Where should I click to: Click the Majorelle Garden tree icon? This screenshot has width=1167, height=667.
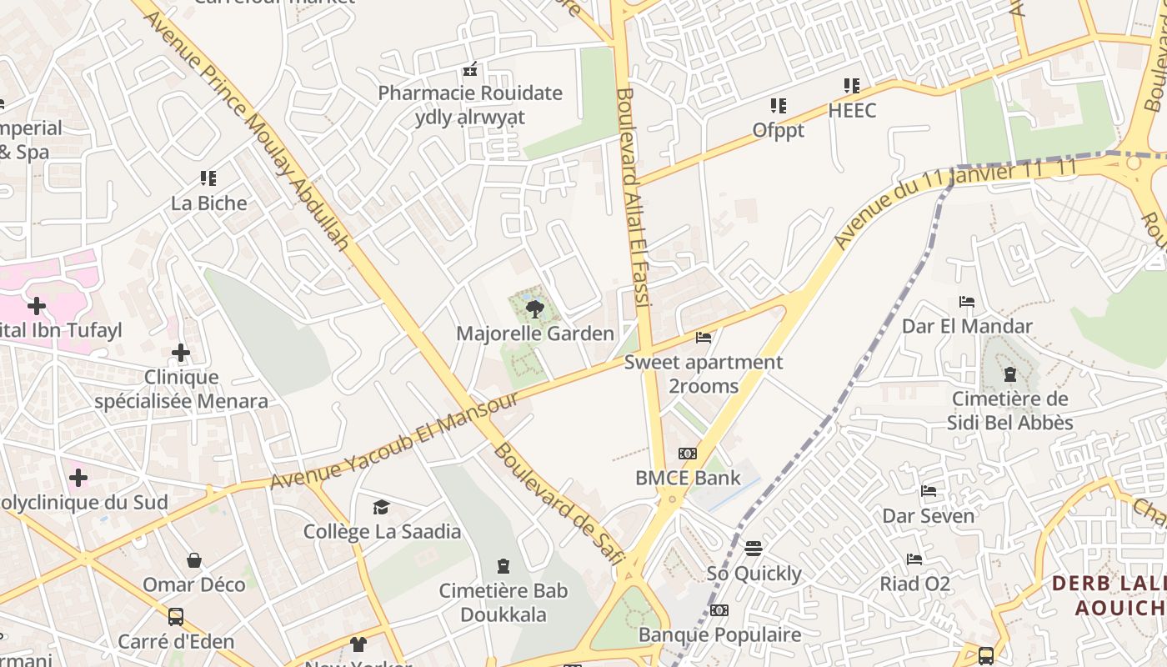pos(535,309)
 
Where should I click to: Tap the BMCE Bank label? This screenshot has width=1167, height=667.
pos(688,478)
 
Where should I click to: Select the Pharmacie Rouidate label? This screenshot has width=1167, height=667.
pos(470,93)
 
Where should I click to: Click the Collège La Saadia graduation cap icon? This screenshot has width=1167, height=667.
pos(381,507)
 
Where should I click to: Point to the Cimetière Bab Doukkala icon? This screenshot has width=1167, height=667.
pos(503,567)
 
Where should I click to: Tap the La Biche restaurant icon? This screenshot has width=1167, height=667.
pos(208,178)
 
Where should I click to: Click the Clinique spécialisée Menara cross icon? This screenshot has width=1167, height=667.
pos(181,354)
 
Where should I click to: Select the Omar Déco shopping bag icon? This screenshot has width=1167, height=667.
pos(194,560)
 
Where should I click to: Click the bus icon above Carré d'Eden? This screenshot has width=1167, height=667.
pos(176,617)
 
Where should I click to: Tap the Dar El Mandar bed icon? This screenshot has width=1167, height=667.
pos(967,302)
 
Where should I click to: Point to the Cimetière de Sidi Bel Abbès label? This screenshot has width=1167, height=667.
pos(1009,410)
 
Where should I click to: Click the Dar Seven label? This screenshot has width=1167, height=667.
pos(928,516)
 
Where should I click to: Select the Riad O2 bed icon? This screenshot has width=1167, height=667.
pos(914,559)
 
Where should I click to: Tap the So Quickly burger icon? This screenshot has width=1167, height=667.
pos(754,549)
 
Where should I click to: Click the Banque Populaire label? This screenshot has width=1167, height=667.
pos(719,634)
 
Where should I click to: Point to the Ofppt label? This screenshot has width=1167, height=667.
pos(778,130)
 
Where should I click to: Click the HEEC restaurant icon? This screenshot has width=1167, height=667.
pos(851,86)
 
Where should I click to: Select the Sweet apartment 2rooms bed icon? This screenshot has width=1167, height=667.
pos(704,338)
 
